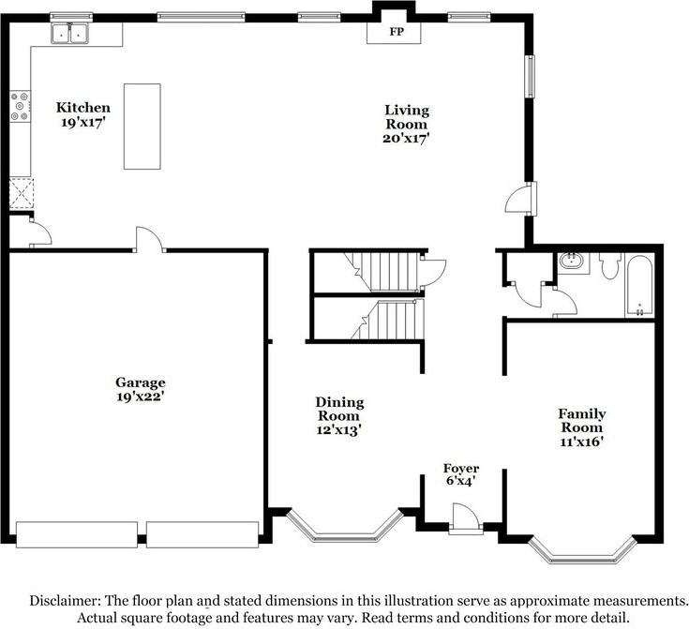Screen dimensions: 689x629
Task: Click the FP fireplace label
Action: point(397,32)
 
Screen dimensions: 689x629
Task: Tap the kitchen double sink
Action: point(70,34)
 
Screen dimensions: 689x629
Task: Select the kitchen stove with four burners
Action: point(21,106)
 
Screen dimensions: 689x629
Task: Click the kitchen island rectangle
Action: point(142,127)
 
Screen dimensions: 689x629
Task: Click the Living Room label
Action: point(407,117)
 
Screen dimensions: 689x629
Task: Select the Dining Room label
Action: point(339,409)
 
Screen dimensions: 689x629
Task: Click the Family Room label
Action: point(582,420)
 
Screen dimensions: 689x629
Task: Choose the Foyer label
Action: point(461,469)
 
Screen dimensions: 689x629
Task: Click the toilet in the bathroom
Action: point(610,265)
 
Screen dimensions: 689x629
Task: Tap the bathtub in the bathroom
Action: point(639,285)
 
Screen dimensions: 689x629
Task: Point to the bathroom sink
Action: point(571,262)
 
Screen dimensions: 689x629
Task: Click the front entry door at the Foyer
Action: point(465,519)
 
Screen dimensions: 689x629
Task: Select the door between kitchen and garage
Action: point(149,240)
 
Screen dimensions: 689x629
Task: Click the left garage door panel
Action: point(77,534)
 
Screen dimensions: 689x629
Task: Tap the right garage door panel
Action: point(202,534)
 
